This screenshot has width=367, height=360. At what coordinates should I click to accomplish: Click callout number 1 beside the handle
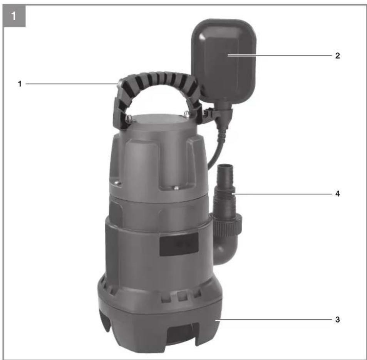tap(20, 84)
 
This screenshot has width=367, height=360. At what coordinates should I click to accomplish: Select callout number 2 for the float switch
tap(337, 56)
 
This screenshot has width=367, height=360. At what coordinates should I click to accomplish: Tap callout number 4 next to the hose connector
tap(337, 194)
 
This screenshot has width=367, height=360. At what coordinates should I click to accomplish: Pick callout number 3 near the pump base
tap(337, 320)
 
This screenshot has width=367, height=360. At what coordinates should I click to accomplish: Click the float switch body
tap(224, 61)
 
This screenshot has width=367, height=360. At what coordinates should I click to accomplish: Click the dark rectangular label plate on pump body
tap(179, 244)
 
